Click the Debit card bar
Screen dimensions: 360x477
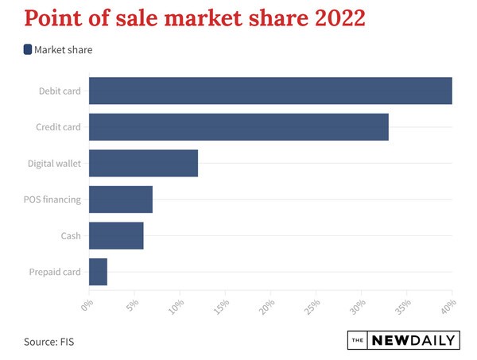(270, 91)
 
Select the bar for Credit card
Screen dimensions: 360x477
(238, 127)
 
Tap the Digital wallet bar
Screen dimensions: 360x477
(143, 163)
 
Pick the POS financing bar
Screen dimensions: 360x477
(120, 199)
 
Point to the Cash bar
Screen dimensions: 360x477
(116, 235)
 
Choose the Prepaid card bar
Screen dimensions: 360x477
(98, 272)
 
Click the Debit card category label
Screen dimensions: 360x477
(60, 91)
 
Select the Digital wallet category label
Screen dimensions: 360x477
(54, 163)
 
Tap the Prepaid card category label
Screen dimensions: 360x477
(55, 272)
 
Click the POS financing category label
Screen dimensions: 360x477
(52, 199)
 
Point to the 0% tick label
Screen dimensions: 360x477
(88, 304)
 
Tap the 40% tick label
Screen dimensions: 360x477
(449, 306)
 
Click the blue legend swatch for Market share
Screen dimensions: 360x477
(28, 49)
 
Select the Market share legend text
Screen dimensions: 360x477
(64, 49)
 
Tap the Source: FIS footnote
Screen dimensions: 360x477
(53, 342)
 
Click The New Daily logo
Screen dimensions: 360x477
(405, 341)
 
